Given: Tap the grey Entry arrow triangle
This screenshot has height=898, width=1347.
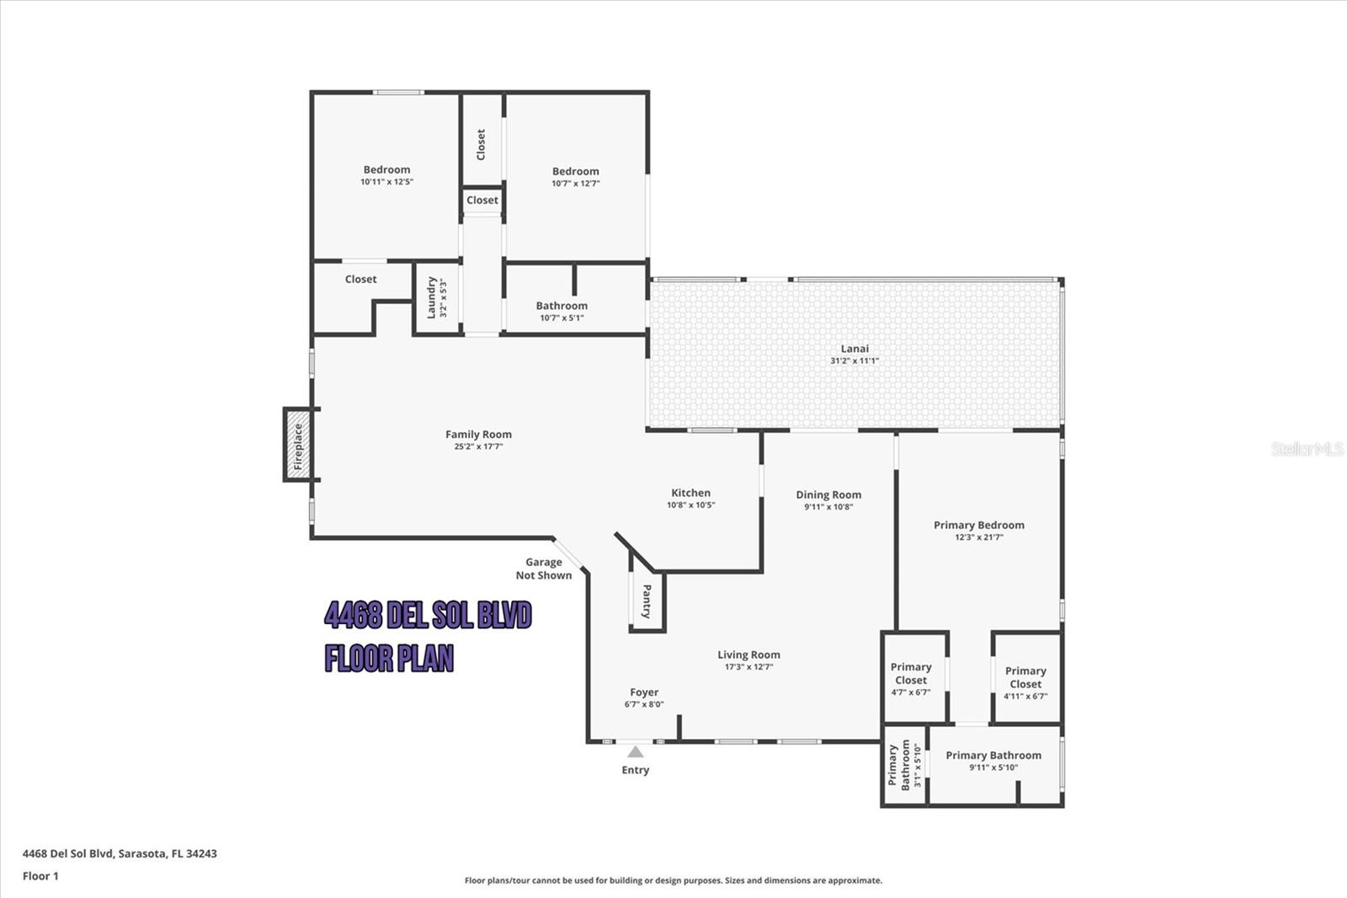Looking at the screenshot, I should point(636,751).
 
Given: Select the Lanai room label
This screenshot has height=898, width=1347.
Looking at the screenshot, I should point(855,349).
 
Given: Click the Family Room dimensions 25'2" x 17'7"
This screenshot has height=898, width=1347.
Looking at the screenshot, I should point(478,446).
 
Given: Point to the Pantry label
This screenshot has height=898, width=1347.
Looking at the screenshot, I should point(647,601).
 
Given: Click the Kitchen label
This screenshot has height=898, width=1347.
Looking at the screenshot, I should point(690,493).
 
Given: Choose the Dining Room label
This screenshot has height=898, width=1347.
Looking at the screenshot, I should point(828,494).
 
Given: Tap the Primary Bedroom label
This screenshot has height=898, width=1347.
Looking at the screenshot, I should point(978,525).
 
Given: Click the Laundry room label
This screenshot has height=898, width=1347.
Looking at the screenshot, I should point(432,297).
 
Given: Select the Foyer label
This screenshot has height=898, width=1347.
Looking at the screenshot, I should point(644,692).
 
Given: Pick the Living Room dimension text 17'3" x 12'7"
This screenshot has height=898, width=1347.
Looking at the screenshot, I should point(748,667).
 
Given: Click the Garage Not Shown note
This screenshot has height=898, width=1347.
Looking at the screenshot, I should point(544,569).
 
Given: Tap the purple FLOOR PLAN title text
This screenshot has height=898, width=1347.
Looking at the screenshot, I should point(389,658).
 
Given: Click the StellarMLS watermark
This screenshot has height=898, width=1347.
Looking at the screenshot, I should point(1307,449).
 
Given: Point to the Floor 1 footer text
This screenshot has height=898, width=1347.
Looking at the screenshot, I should point(40,876).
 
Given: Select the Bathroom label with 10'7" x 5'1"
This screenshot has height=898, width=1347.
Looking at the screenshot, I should point(562,306).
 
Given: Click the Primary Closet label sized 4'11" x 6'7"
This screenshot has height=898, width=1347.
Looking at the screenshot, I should point(1025,677).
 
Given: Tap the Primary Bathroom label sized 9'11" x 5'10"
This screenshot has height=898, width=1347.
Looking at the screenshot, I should point(993,756).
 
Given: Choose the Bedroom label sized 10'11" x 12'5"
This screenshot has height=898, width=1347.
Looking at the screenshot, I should point(386,169).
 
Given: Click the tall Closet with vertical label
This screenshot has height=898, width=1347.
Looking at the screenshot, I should point(482,144).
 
